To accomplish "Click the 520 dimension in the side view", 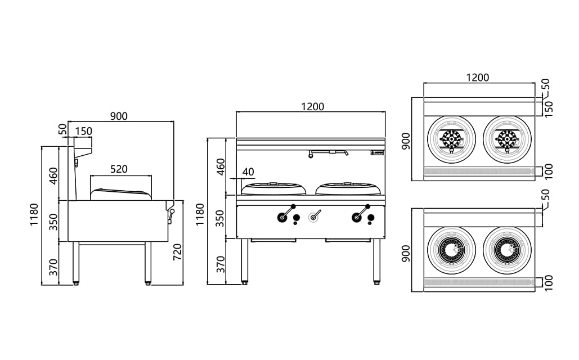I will click(119, 169).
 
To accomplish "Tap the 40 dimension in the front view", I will click(248, 172).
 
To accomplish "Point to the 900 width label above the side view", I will click(119, 116).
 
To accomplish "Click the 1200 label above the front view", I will click(312, 107).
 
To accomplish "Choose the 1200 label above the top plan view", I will click(478, 78).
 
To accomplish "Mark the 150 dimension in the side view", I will click(84, 132).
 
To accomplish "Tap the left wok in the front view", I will click(274, 188).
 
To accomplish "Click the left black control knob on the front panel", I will click(281, 217).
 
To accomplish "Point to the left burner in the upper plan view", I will click(451, 139).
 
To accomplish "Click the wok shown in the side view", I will click(121, 193).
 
